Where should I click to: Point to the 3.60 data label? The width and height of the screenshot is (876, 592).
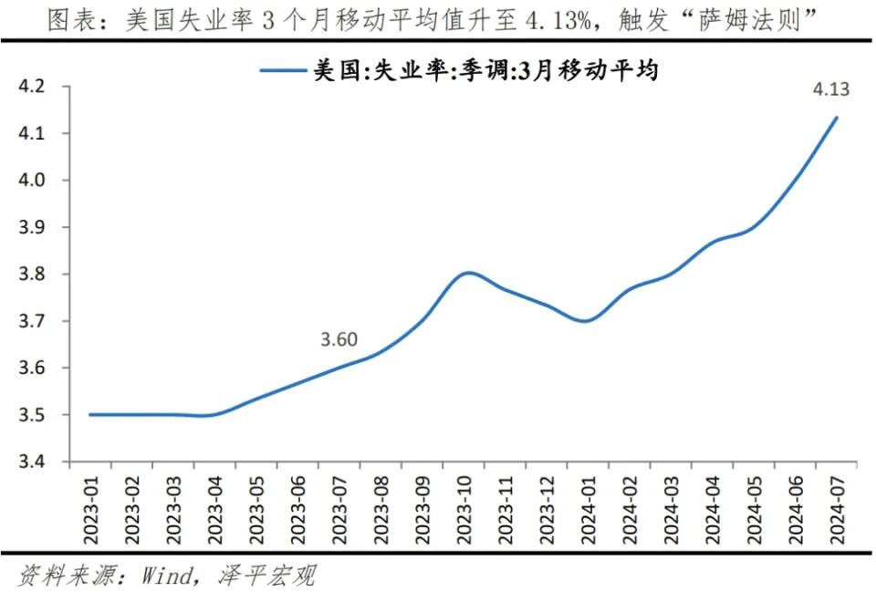point(339,339)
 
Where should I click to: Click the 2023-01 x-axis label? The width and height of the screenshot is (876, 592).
point(92,510)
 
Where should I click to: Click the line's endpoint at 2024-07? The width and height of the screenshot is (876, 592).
point(837,117)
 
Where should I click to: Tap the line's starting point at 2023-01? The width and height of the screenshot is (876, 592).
point(90,415)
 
